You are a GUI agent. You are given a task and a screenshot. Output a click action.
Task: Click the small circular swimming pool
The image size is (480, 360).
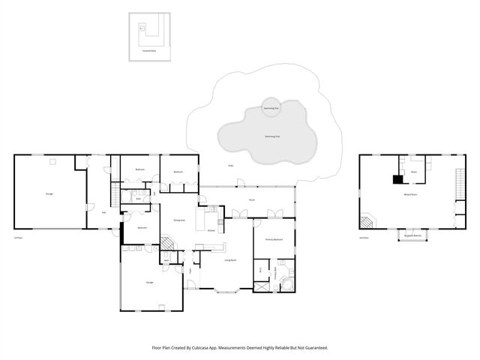(x=271, y=108)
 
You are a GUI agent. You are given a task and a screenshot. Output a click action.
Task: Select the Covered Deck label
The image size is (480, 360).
(x=150, y=51)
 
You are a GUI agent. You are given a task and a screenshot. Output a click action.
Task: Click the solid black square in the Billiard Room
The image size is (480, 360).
(x=397, y=179)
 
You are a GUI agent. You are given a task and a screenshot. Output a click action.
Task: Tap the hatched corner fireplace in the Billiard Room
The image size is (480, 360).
(x=367, y=222)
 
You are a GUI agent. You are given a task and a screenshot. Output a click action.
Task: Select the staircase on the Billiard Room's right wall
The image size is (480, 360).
(x=459, y=184)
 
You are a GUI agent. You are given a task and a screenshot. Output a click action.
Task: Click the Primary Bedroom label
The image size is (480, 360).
(x=273, y=239)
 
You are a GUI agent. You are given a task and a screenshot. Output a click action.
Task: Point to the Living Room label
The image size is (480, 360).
(x=230, y=259)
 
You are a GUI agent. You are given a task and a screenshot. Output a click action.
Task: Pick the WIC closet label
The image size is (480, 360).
(x=260, y=268)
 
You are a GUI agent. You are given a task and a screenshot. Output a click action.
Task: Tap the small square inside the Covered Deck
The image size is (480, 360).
(x=142, y=26)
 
